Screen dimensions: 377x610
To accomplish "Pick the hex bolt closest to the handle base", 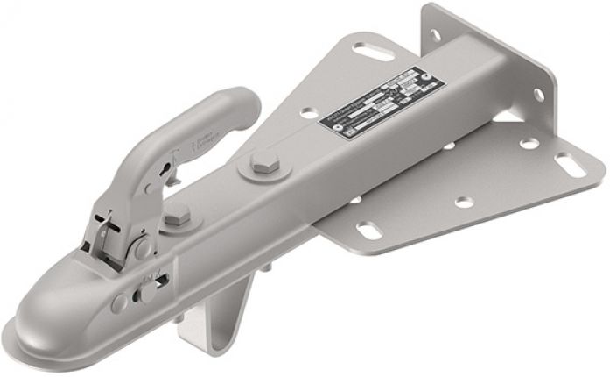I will (x=178, y=214).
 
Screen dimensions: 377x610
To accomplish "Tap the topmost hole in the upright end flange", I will (x=435, y=36).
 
